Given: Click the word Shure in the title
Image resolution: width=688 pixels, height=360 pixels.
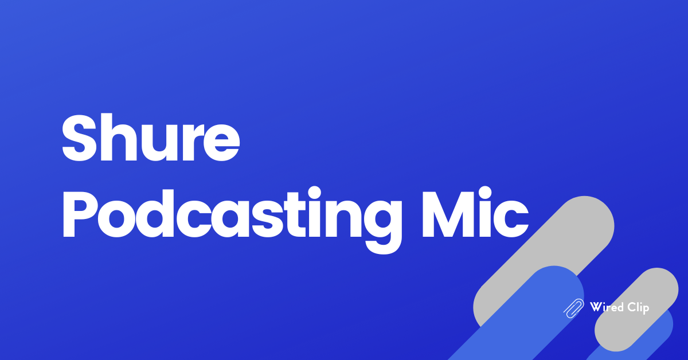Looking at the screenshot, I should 150,139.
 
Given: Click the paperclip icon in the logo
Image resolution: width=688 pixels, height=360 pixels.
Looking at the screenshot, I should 574,308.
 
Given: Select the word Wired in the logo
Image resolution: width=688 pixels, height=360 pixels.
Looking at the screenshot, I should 607,308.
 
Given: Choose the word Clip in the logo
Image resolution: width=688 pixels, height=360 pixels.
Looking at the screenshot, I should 638,308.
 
